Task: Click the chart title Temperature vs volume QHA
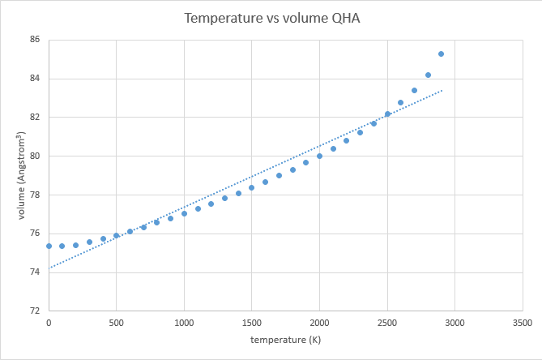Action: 271,18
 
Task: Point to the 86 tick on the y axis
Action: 36,40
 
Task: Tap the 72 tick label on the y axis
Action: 36,311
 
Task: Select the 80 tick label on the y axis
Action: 36,156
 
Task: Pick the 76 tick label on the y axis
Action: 36,234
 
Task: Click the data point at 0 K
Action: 49,246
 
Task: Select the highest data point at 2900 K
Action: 441,54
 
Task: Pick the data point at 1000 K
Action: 184,213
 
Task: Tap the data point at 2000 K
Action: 319,156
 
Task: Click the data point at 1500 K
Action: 251,187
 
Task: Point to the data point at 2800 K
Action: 428,75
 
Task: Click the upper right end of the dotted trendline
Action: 442,90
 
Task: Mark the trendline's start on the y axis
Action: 49,268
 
